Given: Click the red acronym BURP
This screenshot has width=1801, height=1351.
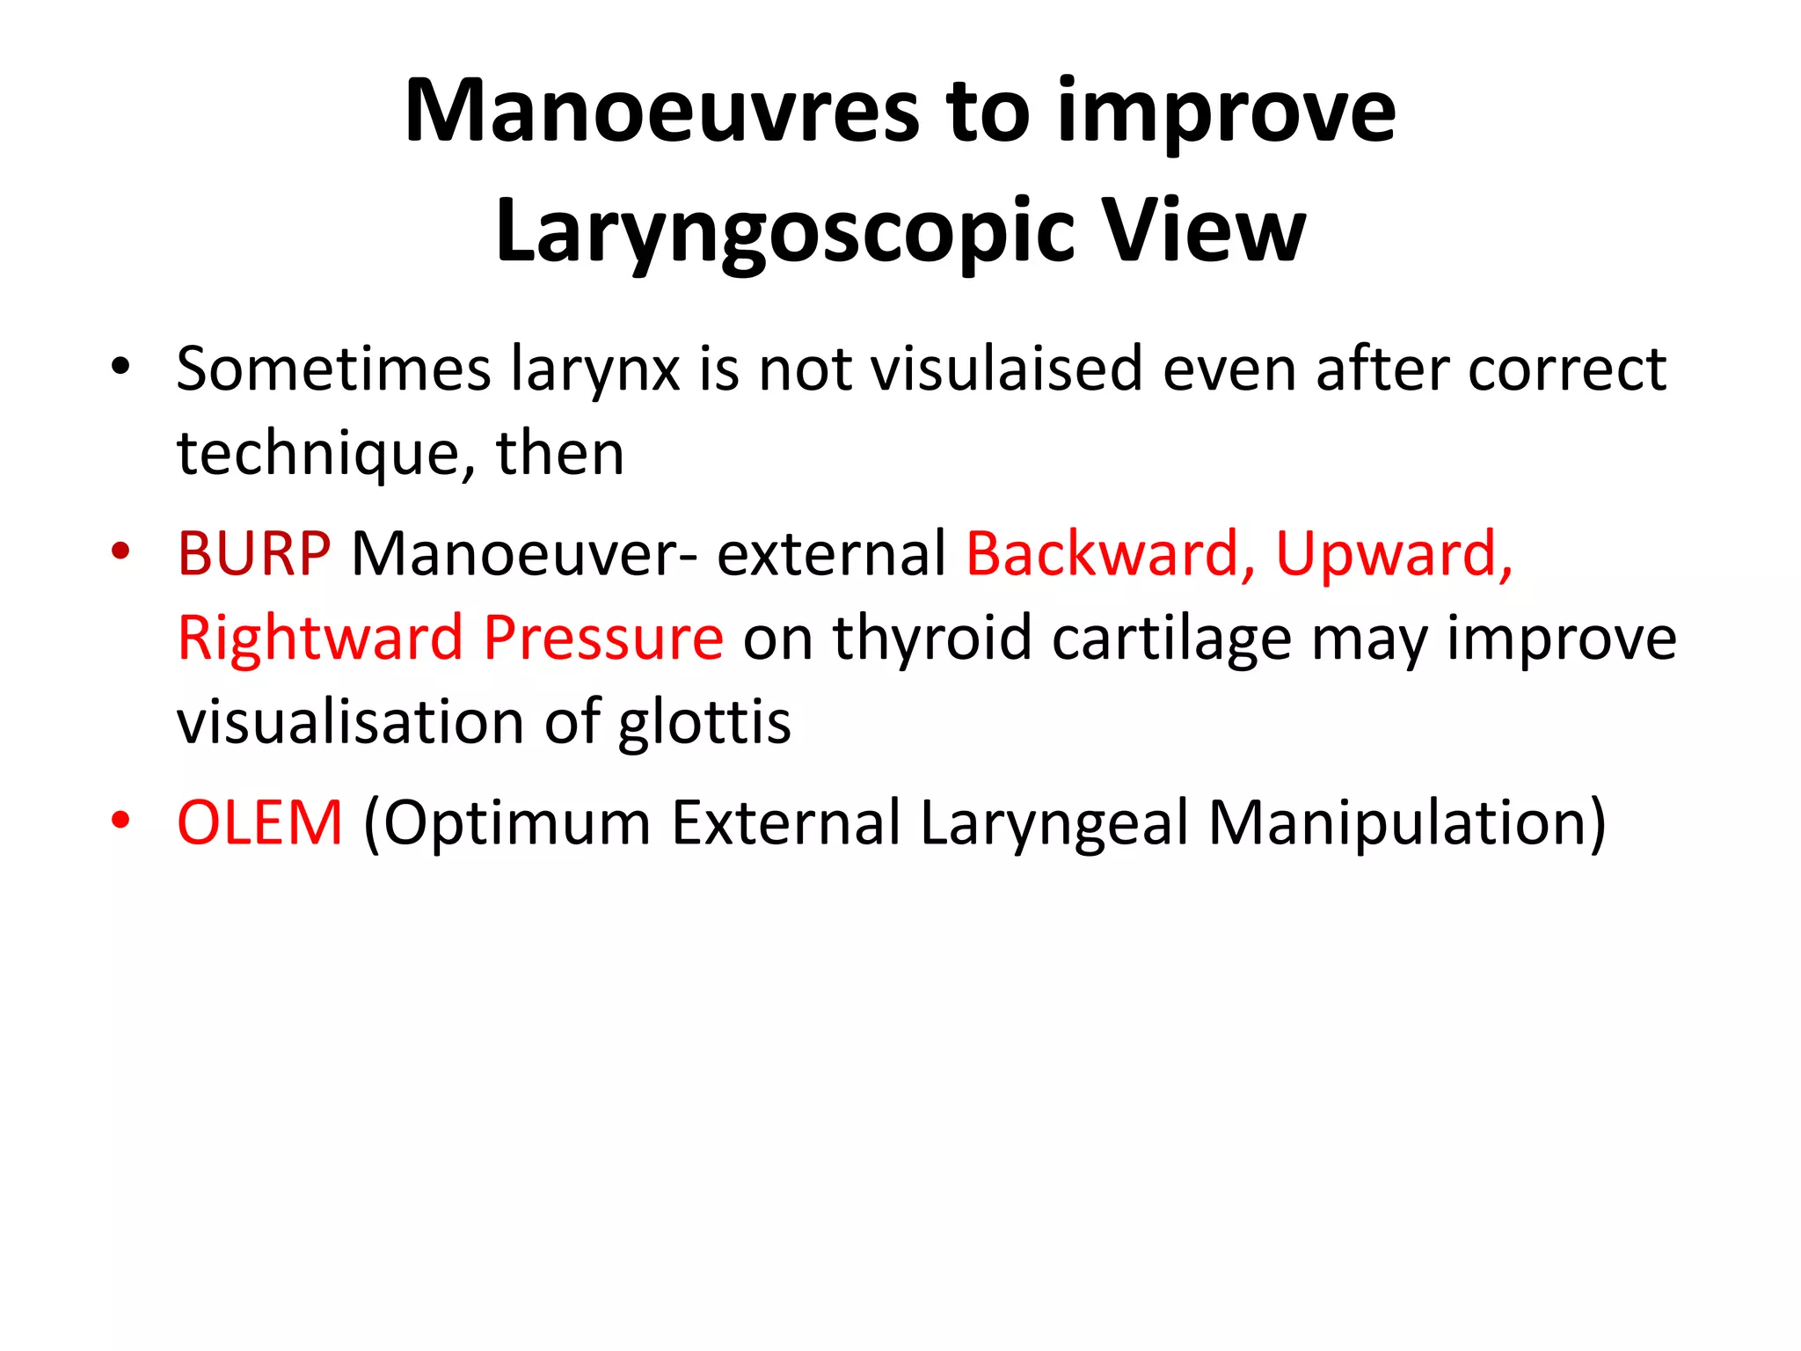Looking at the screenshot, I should [253, 554].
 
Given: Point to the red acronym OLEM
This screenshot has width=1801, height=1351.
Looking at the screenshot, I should [259, 823].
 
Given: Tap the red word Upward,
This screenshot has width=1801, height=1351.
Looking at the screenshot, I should [1394, 554].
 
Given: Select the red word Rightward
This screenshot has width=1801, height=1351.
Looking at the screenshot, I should [320, 638].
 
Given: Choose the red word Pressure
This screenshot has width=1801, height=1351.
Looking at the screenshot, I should [603, 638].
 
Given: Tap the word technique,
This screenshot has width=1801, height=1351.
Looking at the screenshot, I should [326, 454].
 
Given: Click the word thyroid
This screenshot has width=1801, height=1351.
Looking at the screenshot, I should [932, 638].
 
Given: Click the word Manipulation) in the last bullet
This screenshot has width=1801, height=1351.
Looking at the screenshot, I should [1407, 823].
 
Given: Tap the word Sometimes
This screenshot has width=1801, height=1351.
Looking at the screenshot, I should [333, 369].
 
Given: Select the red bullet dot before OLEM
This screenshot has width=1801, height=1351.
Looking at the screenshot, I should [120, 821].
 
